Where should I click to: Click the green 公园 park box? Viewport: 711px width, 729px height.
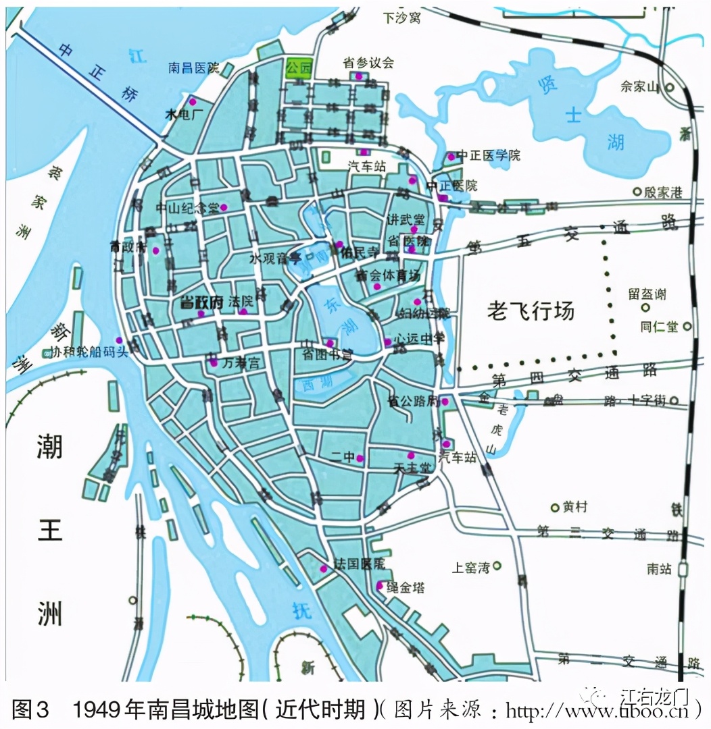point(298,68)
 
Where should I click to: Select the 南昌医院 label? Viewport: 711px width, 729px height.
point(194,67)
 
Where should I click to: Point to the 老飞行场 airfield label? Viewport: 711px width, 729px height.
point(531,310)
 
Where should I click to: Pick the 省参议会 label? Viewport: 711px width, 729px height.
point(368,63)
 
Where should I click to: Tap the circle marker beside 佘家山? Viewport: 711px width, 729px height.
point(670,87)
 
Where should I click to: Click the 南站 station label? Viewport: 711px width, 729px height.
point(658,569)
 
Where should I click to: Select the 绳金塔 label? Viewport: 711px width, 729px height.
point(406,587)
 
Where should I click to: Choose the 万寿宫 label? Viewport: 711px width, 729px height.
point(241,362)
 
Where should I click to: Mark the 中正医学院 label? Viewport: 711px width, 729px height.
point(489,155)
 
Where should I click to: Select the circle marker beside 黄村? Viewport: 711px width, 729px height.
point(555,507)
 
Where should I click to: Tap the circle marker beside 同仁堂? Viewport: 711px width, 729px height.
point(687,327)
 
